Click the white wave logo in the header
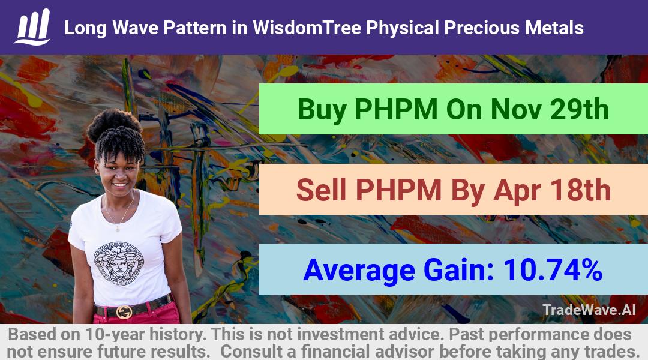click(x=32, y=27)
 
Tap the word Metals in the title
click(x=554, y=28)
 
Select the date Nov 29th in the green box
click(x=550, y=109)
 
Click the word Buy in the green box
click(x=322, y=110)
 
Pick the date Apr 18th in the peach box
click(x=552, y=191)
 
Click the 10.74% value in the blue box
click(x=553, y=269)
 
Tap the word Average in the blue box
click(x=359, y=271)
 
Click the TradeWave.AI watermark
click(x=589, y=310)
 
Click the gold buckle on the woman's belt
click(x=124, y=311)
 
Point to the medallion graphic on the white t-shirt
click(x=119, y=263)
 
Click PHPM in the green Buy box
click(x=396, y=109)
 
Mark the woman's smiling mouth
click(x=119, y=185)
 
